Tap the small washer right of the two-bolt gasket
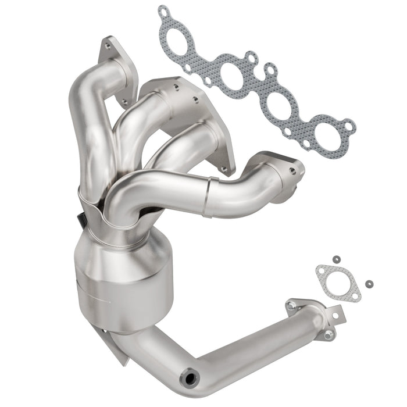pyautogui.click(x=369, y=284)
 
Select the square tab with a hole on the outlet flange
pyautogui.click(x=334, y=315)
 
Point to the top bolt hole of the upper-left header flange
pyautogui.click(x=108, y=42)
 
